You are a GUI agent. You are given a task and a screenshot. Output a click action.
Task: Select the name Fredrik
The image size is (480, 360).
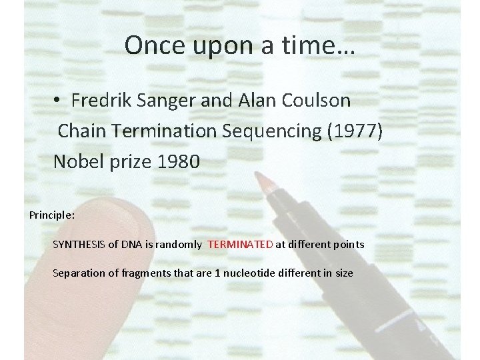pyautogui.click(x=101, y=101)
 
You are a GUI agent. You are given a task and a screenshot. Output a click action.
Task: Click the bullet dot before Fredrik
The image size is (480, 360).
pyautogui.click(x=59, y=101)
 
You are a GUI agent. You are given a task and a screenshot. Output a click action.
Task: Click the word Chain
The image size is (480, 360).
pyautogui.click(x=80, y=131)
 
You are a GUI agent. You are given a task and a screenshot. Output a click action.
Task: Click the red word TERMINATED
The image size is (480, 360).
pyautogui.click(x=240, y=244)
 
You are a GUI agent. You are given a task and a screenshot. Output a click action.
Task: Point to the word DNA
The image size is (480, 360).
pyautogui.click(x=132, y=244)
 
